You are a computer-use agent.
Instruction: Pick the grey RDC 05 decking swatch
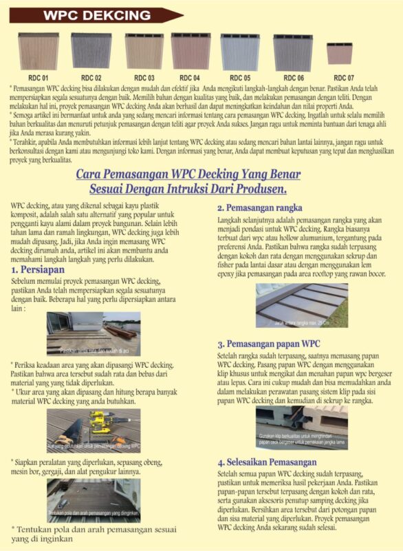240,52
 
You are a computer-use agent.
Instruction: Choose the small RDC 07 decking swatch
340,54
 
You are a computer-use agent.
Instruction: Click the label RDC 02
91,78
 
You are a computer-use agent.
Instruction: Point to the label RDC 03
144,78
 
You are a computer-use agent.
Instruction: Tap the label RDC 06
294,78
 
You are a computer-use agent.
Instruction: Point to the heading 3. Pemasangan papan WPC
268,344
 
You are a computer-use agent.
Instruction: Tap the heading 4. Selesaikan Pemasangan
267,462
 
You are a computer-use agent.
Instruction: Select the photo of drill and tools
94,428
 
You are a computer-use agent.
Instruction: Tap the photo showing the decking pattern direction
94,499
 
